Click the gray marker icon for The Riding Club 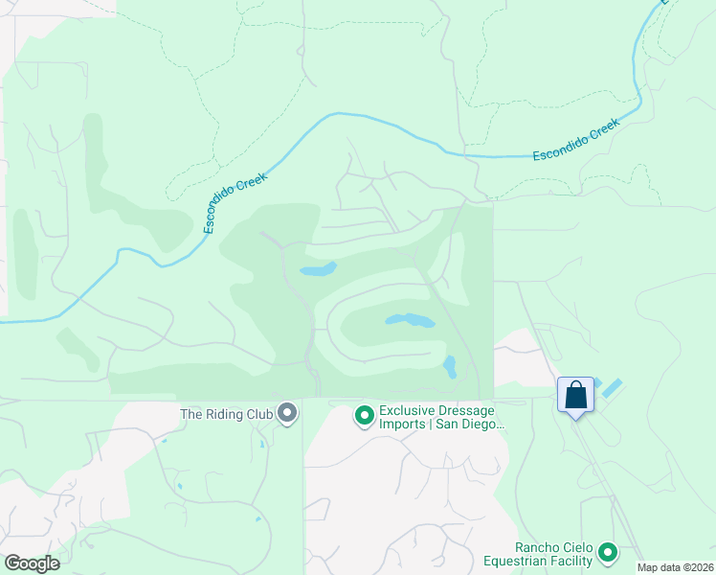click(x=287, y=414)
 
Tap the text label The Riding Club click(x=227, y=415)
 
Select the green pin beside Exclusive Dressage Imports click(x=364, y=415)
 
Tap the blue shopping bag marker click(x=575, y=395)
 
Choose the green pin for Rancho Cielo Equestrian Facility click(x=607, y=552)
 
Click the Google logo click(x=32, y=563)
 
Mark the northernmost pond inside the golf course click(x=318, y=269)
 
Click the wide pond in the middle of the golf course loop click(x=410, y=320)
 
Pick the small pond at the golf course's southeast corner click(x=449, y=366)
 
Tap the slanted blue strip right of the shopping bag click(x=611, y=388)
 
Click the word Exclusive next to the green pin click(x=406, y=409)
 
